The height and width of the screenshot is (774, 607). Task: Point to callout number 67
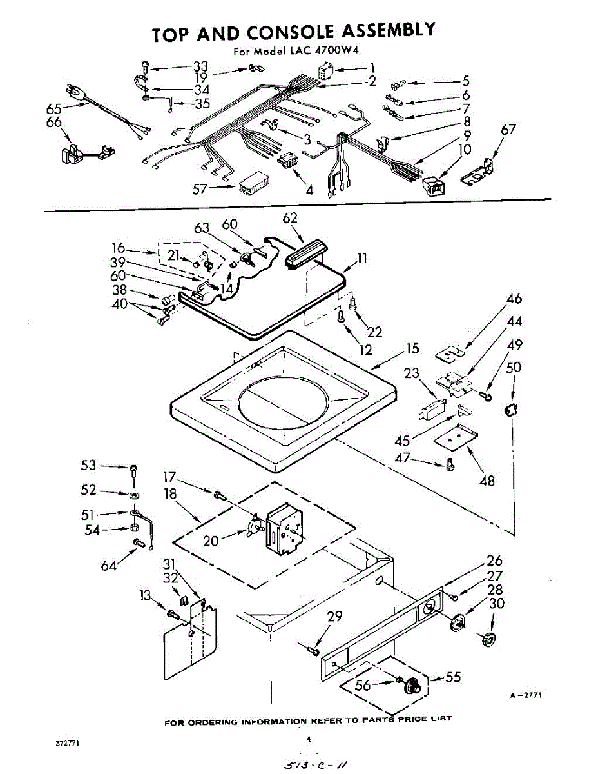(509, 130)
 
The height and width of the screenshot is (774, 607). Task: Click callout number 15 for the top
(412, 349)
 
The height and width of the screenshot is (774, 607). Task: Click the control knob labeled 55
(411, 686)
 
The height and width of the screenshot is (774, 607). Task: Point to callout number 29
(334, 616)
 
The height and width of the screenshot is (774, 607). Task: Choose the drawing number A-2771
(525, 695)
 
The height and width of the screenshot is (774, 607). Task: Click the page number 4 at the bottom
(309, 740)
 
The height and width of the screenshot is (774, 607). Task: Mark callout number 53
(88, 465)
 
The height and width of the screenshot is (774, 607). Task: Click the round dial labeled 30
(488, 639)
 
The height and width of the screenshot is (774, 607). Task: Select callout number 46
(514, 299)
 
